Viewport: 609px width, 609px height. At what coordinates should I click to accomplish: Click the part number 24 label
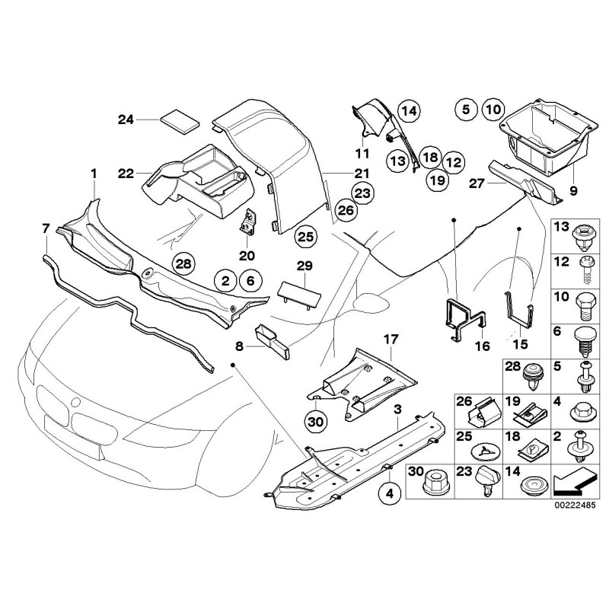pyautogui.click(x=126, y=119)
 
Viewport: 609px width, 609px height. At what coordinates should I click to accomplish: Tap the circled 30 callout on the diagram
pyautogui.click(x=315, y=419)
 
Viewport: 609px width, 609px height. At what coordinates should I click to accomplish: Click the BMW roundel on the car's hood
pyautogui.click(x=73, y=400)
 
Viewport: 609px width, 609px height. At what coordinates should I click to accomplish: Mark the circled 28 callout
pyautogui.click(x=183, y=264)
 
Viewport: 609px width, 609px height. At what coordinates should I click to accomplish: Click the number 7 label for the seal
pyautogui.click(x=46, y=228)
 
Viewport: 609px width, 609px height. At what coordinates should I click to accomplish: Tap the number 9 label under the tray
pyautogui.click(x=572, y=189)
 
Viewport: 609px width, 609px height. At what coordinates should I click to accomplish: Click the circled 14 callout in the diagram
pyautogui.click(x=409, y=111)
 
